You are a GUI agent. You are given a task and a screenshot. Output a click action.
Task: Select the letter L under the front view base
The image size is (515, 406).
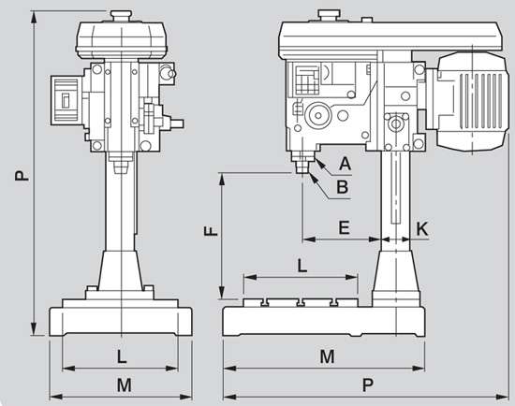(x=122, y=356)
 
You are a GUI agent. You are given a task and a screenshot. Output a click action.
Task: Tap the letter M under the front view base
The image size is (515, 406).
(x=122, y=384)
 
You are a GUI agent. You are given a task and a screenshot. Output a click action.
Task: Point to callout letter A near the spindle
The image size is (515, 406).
(x=345, y=163)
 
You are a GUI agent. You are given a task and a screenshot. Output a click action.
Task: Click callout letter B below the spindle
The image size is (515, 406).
(x=343, y=187)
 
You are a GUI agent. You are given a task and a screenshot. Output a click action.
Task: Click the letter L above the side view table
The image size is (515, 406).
(x=302, y=266)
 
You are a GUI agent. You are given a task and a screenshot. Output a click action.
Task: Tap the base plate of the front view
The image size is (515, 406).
(x=122, y=320)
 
